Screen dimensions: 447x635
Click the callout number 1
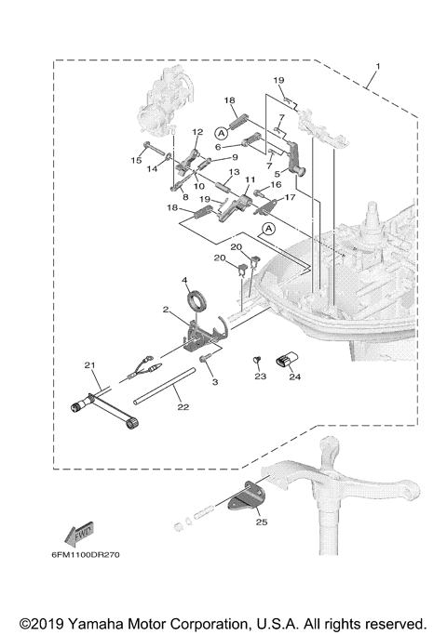point(378,66)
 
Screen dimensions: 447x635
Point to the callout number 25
point(262,522)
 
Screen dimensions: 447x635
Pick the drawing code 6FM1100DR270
point(86,554)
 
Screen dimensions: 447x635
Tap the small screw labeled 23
point(256,360)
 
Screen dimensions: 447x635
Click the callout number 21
point(89,365)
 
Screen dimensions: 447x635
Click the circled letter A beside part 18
point(221,132)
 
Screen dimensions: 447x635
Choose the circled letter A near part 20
point(268,230)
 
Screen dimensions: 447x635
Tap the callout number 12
point(197,132)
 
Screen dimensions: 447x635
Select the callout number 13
point(234,172)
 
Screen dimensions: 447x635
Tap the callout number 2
point(166,310)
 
